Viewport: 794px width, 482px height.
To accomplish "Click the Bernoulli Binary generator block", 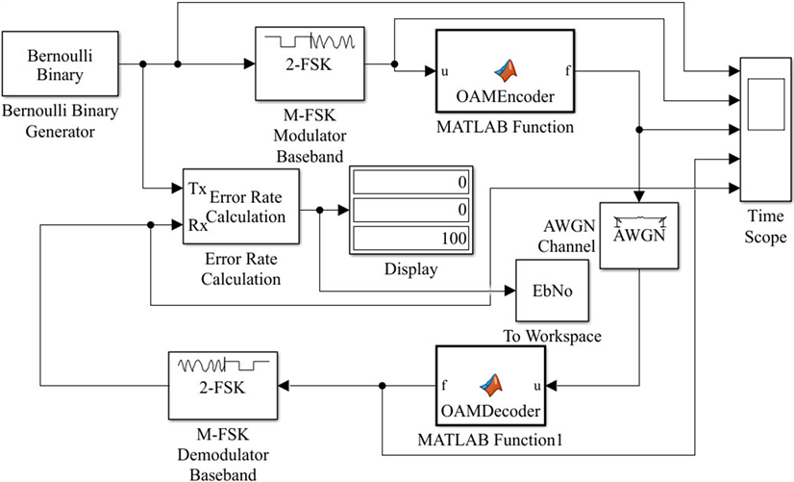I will (58, 63).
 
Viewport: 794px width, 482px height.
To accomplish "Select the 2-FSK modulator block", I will (307, 63).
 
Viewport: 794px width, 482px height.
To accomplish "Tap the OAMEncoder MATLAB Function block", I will (504, 71).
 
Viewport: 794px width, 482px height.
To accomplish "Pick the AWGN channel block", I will (638, 234).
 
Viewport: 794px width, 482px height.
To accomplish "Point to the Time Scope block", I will (765, 124).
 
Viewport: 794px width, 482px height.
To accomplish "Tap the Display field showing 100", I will (410, 238).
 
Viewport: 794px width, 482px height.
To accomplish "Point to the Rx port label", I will (196, 227).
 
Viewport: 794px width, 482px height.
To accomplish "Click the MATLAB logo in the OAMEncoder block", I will (505, 68).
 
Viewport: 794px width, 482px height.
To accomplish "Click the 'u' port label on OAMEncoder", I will (445, 70).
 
